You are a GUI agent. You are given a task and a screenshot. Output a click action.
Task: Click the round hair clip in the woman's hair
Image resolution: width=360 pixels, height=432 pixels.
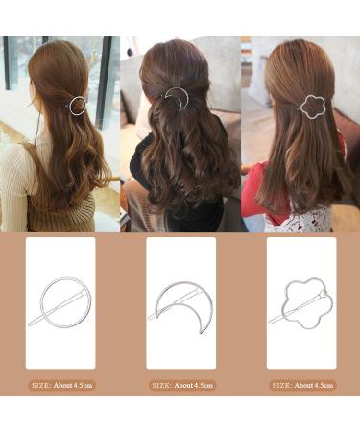(x=75, y=104)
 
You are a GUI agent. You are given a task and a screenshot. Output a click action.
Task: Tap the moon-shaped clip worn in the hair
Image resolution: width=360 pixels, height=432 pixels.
(x=177, y=97)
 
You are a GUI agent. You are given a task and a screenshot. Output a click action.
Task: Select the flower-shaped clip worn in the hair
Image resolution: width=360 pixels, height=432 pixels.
(x=313, y=106)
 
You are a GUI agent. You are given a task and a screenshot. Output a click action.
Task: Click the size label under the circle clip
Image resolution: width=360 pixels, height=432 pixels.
(x=60, y=385)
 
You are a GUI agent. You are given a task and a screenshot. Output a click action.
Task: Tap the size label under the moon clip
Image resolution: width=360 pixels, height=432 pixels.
(x=180, y=385)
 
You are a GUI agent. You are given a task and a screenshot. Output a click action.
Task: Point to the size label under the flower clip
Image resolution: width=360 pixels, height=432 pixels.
(x=300, y=385)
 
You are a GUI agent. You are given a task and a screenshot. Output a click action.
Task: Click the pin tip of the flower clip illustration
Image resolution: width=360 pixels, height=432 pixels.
(x=272, y=321)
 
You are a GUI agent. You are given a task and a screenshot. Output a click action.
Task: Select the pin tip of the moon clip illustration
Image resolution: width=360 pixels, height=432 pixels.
(x=151, y=316)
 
